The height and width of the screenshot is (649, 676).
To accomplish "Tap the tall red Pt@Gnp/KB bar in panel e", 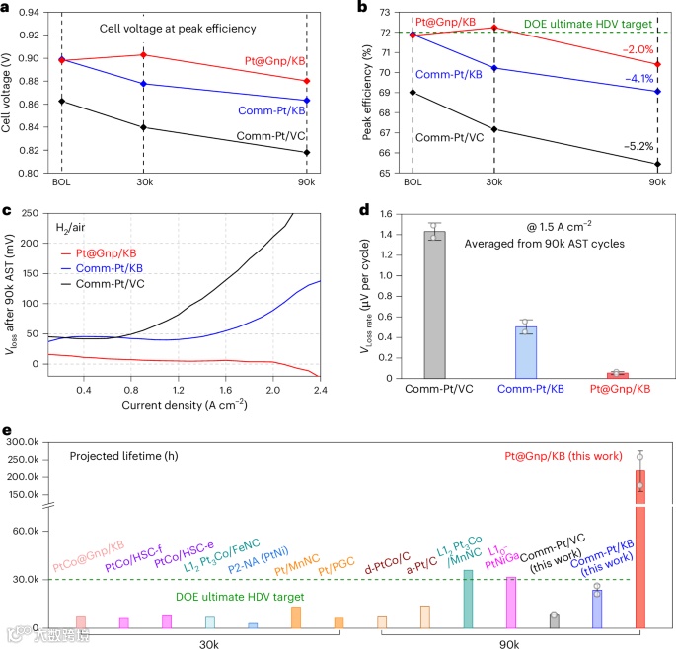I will tap(640, 552).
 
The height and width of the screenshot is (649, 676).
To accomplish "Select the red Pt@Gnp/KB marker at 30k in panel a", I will tap(144, 54).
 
